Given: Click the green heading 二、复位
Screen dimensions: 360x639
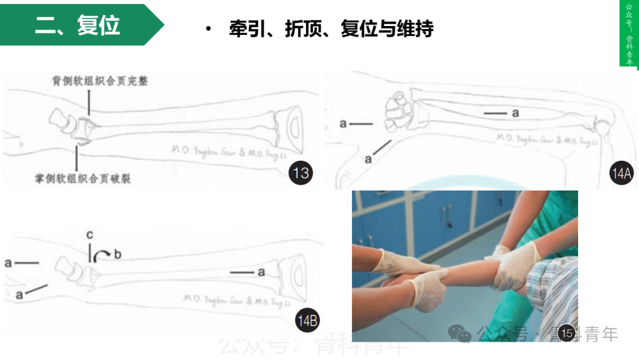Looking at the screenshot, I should click(78, 25).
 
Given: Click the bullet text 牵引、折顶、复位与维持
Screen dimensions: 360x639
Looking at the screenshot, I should click(331, 29).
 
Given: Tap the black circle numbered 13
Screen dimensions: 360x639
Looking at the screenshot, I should click(301, 173).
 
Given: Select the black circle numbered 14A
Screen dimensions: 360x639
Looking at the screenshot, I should click(621, 173).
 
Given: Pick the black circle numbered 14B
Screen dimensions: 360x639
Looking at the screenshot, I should click(308, 322).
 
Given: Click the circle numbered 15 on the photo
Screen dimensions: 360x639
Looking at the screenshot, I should click(566, 333).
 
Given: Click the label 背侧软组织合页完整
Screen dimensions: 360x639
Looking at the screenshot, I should click(99, 81).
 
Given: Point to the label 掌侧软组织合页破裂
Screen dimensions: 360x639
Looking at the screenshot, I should click(83, 178).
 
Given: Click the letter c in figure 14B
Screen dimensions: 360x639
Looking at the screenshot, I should click(89, 235).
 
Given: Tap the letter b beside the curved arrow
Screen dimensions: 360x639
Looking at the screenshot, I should click(117, 255).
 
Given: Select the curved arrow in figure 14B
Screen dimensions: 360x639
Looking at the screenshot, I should click(103, 254).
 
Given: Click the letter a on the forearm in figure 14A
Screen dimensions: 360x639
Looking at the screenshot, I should click(515, 112).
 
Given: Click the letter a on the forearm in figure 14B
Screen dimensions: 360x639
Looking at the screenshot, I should click(260, 272).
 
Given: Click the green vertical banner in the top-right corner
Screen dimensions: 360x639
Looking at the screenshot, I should click(629, 34).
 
